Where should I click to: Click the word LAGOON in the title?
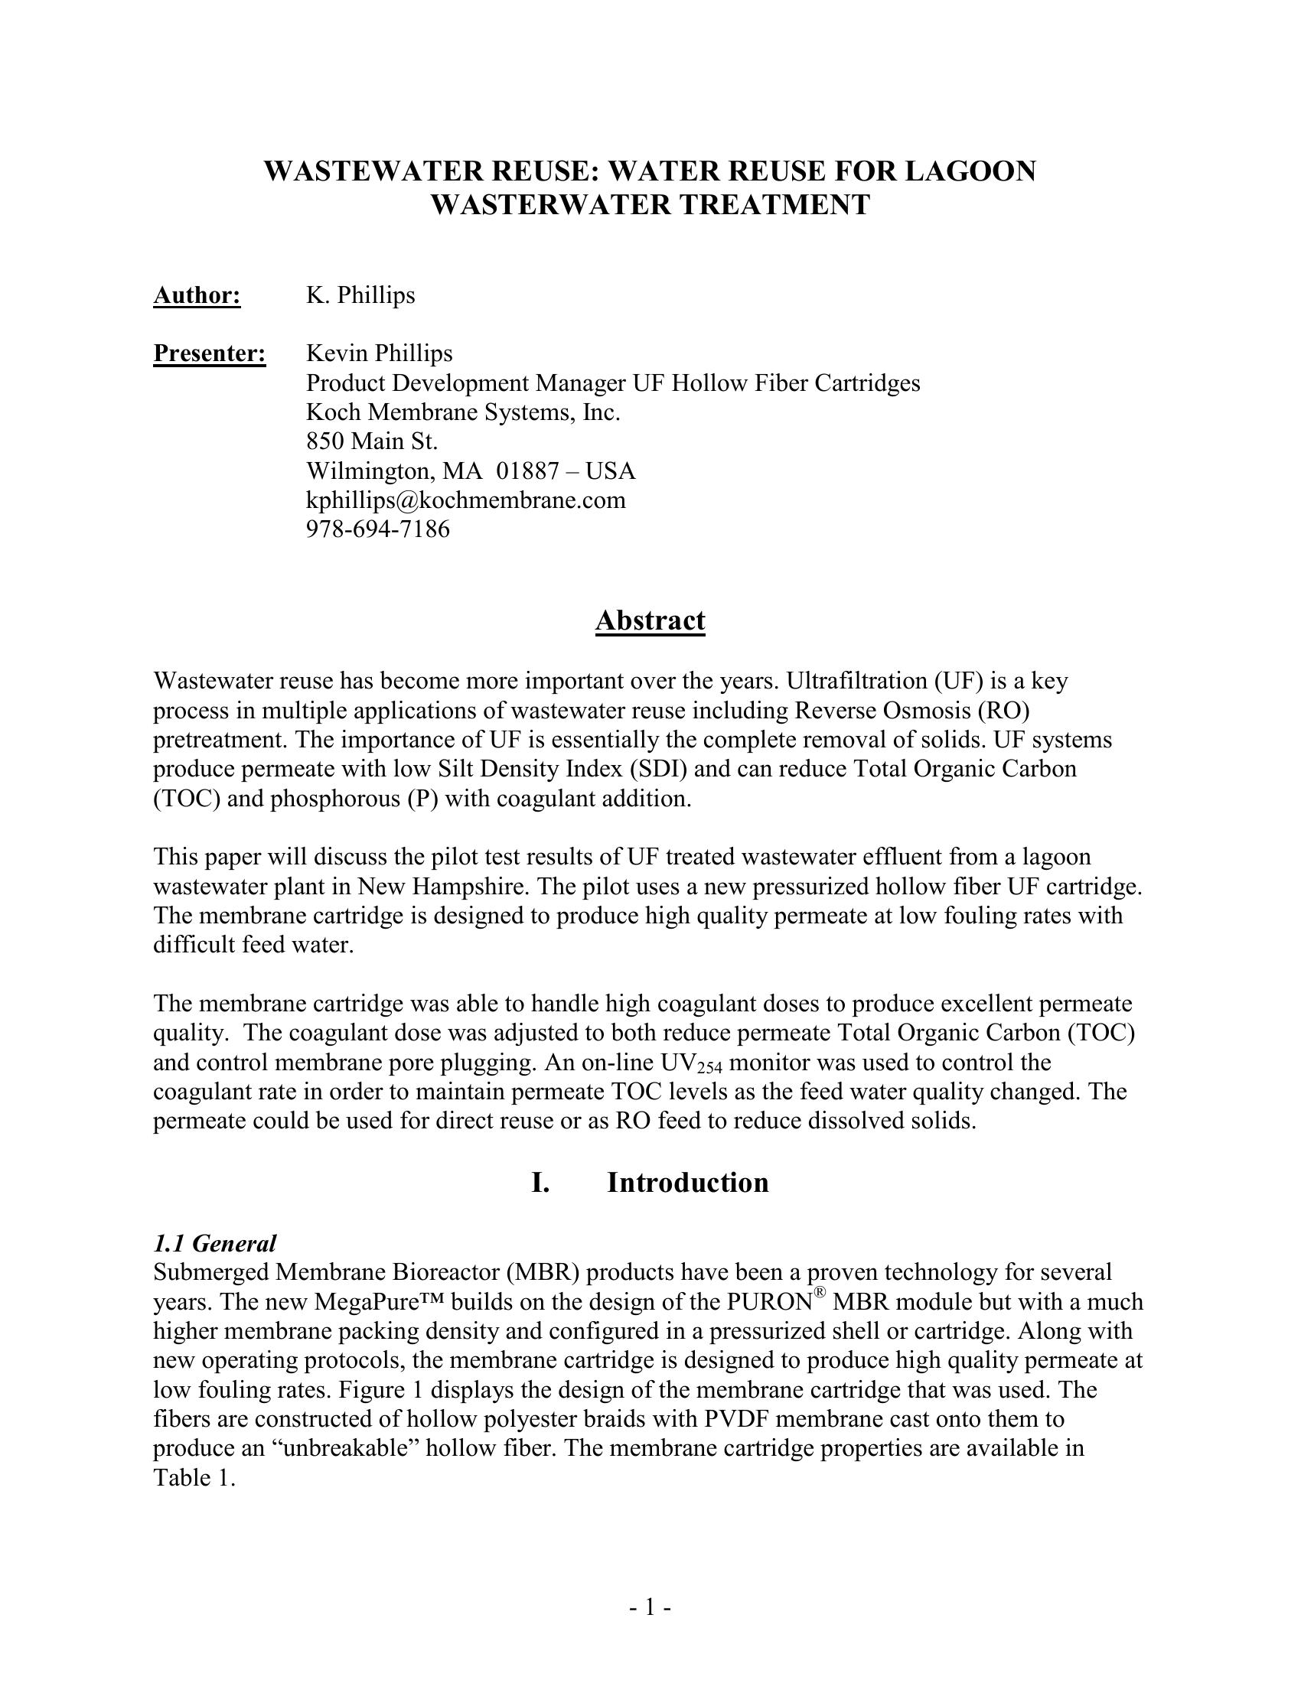point(970,171)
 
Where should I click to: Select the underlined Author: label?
point(197,295)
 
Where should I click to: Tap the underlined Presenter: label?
point(210,353)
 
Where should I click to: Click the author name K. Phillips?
point(360,295)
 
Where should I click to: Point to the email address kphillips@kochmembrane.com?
point(465,500)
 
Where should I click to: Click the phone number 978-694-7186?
point(377,529)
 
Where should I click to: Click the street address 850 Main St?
point(371,441)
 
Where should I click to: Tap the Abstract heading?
point(650,620)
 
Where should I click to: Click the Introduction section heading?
point(687,1183)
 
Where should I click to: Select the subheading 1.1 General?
point(214,1243)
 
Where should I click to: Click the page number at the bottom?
point(650,1606)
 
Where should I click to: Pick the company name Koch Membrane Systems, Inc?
point(462,412)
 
